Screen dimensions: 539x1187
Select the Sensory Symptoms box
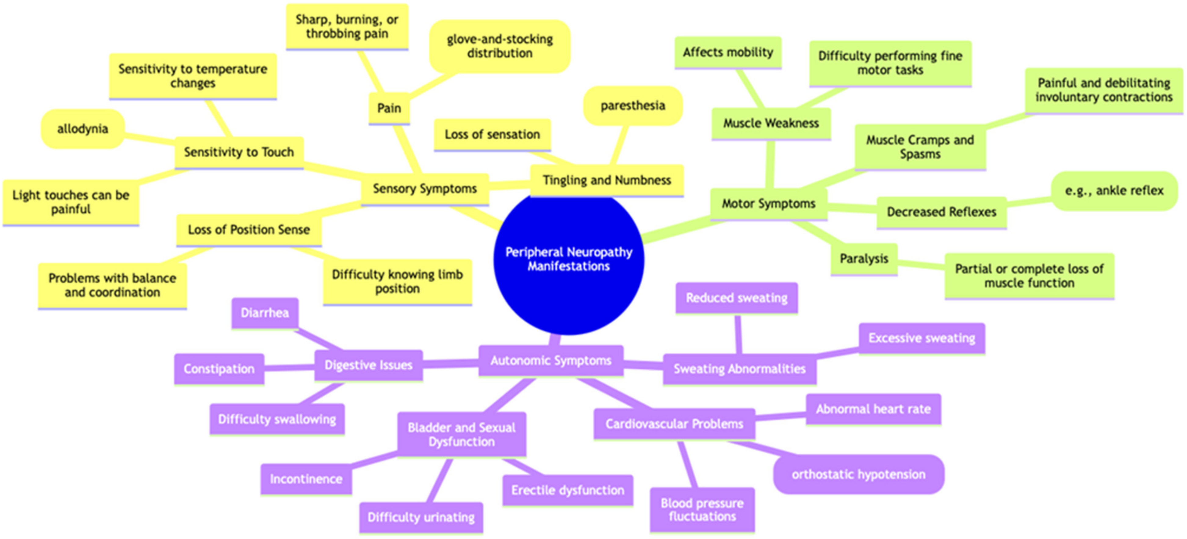424,189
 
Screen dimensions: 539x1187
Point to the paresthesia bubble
633,106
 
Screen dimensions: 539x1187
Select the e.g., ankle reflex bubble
1114,190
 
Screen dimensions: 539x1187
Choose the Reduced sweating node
736,298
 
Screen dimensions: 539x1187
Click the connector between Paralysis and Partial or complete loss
921,265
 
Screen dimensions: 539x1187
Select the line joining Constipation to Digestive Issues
289,367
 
